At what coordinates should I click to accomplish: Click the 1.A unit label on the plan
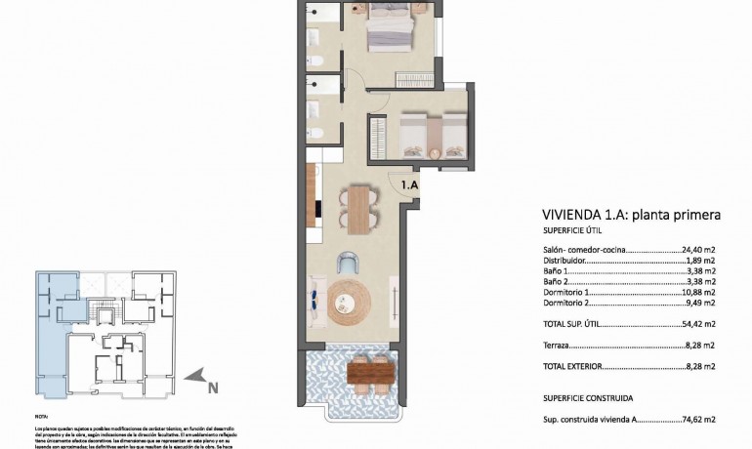(410, 183)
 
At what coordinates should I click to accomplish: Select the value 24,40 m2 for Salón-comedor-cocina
(697, 250)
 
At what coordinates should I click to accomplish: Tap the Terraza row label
(557, 346)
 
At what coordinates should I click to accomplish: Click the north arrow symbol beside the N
(198, 374)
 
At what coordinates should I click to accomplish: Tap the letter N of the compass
(213, 388)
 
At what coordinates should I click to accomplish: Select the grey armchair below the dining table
(348, 262)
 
